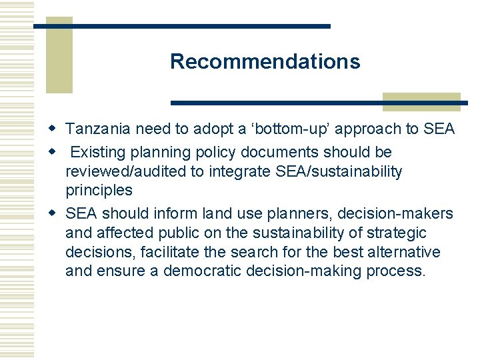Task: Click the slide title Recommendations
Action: coord(265,61)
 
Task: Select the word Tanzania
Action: coord(98,129)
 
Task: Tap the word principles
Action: coord(99,191)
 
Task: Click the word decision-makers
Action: coord(395,214)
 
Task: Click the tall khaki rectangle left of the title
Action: coord(59,57)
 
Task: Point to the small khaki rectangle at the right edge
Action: coord(421,102)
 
